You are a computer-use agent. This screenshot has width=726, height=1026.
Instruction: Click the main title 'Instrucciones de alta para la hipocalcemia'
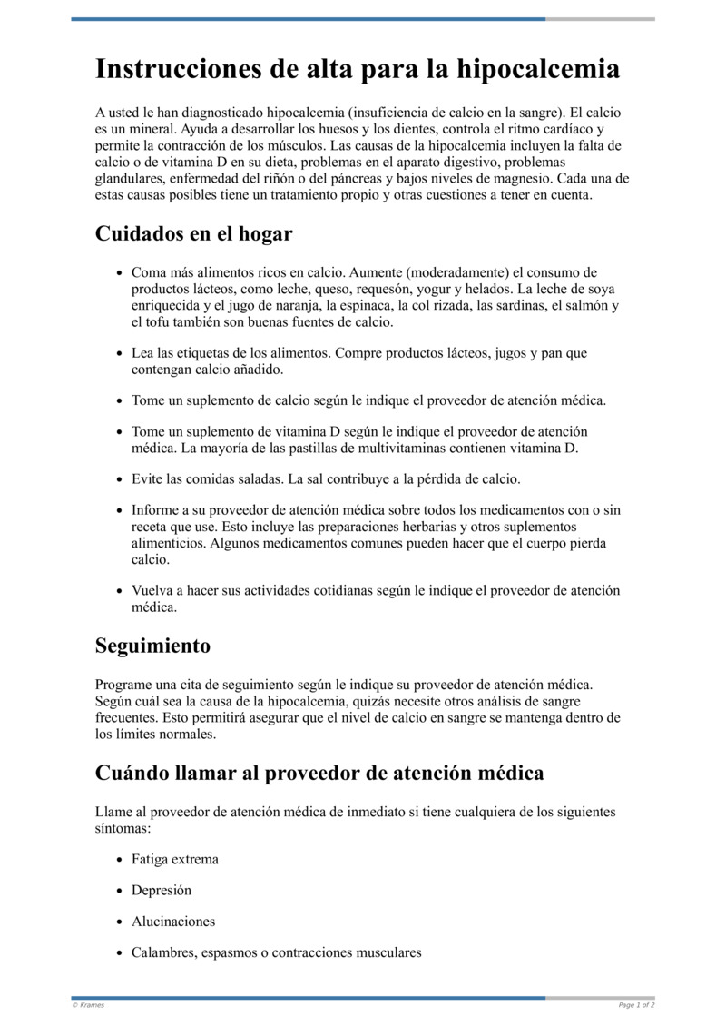(358, 70)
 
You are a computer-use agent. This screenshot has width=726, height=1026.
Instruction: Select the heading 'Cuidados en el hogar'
(193, 233)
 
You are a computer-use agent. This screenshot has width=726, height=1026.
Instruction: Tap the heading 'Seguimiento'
(152, 646)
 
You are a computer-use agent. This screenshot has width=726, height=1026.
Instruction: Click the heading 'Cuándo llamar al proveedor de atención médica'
(319, 773)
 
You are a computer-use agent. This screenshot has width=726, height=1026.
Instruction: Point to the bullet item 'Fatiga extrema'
(174, 859)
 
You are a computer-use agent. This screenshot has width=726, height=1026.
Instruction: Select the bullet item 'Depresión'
(162, 891)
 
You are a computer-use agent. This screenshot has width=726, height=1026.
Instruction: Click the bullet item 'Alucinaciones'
(173, 922)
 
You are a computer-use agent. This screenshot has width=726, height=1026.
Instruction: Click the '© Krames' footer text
(88, 1005)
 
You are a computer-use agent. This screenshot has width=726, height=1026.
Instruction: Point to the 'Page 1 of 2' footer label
(636, 1005)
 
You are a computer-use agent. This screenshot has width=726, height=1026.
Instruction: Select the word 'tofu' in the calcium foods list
(157, 322)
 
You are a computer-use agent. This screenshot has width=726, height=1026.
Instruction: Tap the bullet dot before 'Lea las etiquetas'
(120, 353)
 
